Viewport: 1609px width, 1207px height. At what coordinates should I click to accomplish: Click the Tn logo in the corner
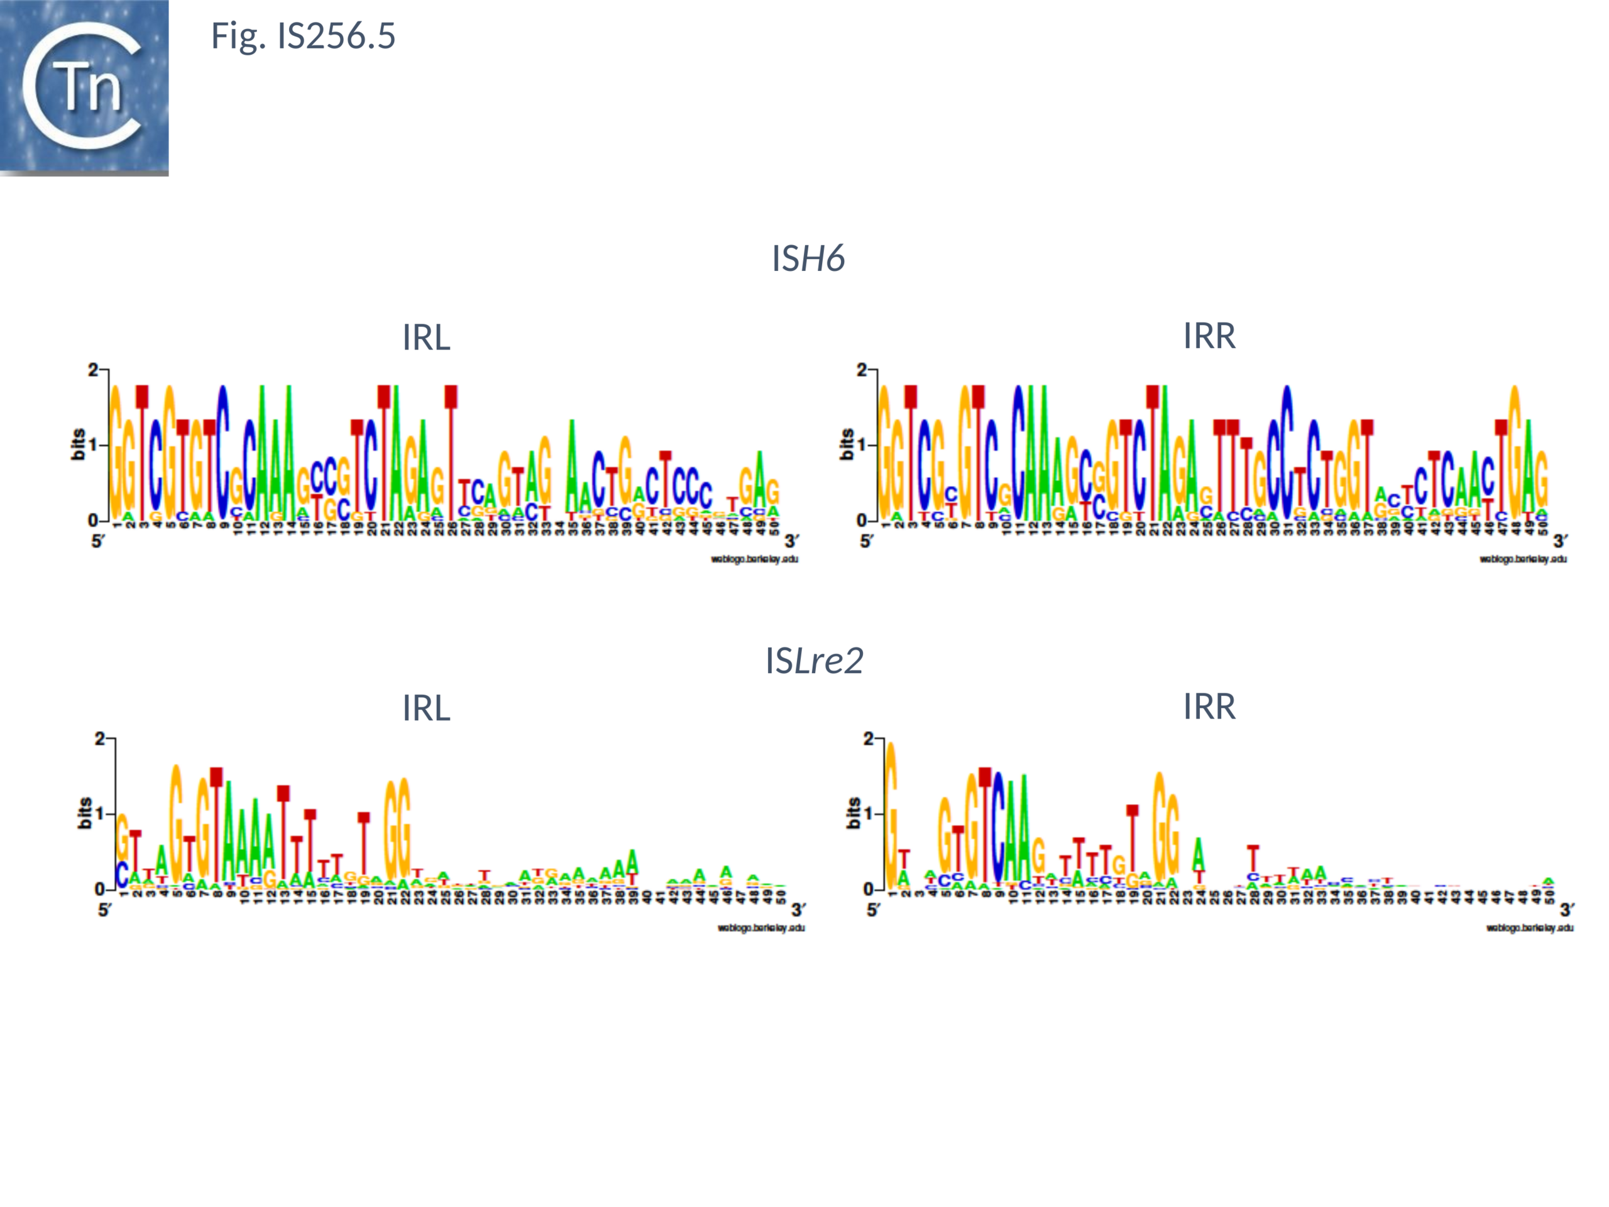coord(84,87)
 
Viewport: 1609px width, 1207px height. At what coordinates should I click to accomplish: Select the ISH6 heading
coord(808,258)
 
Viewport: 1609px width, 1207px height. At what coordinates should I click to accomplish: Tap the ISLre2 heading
coord(814,661)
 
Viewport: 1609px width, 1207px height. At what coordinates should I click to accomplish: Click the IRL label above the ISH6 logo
coord(426,338)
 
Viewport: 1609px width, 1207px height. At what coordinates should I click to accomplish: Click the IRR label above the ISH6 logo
coord(1209,336)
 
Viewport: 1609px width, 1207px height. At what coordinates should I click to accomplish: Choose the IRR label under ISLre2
coord(1209,707)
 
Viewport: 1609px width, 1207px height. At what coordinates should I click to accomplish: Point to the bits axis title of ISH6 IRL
coord(78,444)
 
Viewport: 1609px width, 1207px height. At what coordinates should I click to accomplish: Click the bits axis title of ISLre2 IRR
coord(854,813)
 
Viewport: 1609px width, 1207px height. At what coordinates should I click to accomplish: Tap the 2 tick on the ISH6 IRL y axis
coord(92,370)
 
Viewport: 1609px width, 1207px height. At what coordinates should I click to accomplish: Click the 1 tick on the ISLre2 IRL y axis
coord(100,813)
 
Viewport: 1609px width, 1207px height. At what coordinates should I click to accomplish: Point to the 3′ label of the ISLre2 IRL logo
coord(799,910)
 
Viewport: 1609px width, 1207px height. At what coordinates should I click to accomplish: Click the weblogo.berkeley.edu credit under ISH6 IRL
coord(754,559)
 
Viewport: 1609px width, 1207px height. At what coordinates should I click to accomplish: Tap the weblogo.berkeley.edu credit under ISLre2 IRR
coord(1530,928)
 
